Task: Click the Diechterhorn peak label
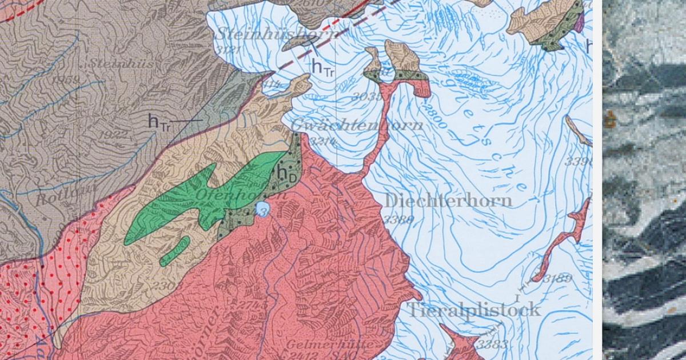448,201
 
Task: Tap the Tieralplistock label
473,310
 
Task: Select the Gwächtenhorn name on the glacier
357,125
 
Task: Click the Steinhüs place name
122,63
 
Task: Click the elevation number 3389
398,219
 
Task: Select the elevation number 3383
492,344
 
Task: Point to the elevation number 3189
557,279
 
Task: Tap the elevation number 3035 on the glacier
366,97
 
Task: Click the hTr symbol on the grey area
159,121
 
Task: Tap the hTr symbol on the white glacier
322,67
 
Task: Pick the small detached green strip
174,251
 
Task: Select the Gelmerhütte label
330,345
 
